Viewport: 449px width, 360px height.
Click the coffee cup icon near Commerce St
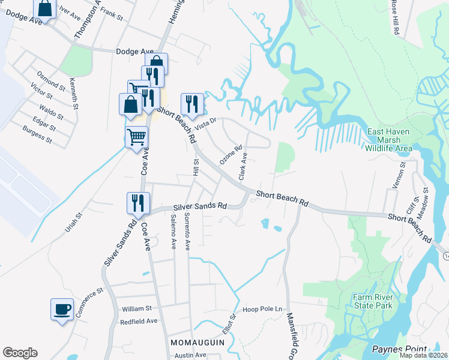(x=62, y=310)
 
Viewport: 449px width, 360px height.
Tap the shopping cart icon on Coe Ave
(x=137, y=137)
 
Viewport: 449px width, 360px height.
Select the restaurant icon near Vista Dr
(x=192, y=104)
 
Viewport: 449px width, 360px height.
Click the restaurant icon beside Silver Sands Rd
(x=138, y=203)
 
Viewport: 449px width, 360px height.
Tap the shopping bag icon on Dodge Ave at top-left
(x=45, y=8)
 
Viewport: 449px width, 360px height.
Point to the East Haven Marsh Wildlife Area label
(x=389, y=139)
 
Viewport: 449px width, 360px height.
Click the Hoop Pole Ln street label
(x=262, y=310)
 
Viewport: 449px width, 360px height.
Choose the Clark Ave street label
(x=243, y=166)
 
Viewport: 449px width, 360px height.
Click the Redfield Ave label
(x=139, y=321)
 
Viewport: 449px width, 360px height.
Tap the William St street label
(x=137, y=308)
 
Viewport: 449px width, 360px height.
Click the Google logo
(x=20, y=353)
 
